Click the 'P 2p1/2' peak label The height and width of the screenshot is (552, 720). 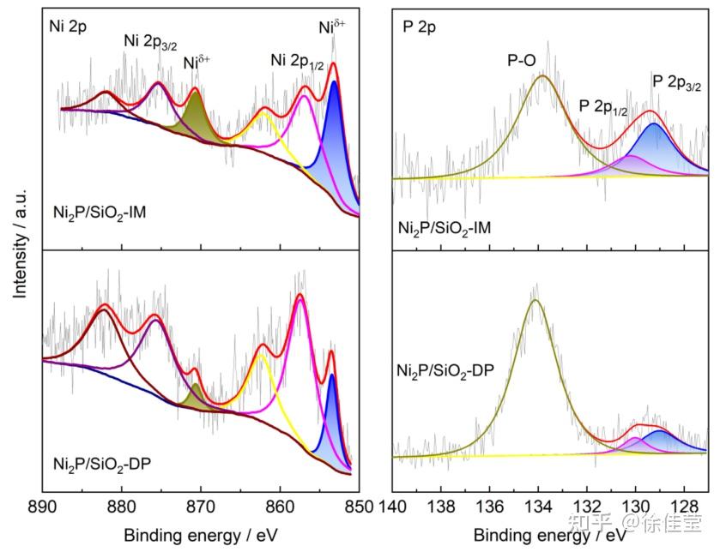603,106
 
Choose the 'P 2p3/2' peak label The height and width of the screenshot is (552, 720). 677,82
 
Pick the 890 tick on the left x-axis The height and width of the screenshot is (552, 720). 41,506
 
